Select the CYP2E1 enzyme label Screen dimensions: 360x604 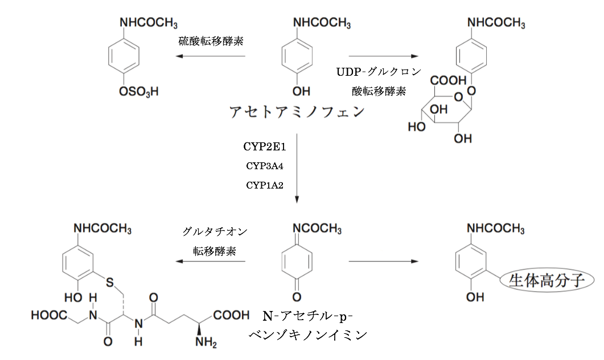point(265,147)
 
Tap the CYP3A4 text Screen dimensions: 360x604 point(265,166)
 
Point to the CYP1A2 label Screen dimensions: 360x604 point(265,185)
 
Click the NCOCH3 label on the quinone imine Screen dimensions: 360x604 point(317,229)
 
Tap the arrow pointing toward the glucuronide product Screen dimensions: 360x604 point(383,56)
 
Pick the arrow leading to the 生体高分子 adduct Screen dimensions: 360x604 point(383,261)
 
